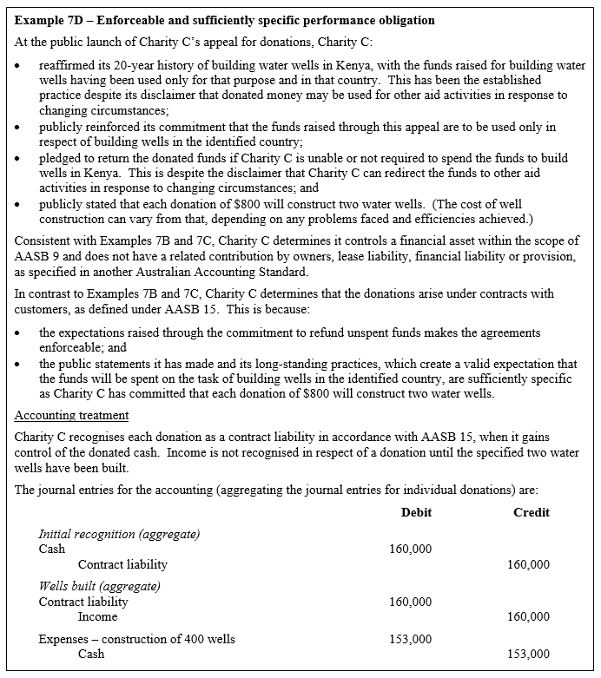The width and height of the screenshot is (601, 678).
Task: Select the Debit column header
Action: (x=416, y=513)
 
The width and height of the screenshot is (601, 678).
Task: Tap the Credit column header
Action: (x=531, y=513)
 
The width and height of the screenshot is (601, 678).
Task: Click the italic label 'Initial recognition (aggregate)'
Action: (x=119, y=535)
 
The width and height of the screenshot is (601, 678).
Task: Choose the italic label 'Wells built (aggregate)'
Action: (x=99, y=587)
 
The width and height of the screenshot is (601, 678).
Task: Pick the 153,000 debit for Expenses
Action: (x=410, y=640)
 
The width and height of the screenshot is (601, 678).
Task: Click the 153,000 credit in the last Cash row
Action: (x=527, y=655)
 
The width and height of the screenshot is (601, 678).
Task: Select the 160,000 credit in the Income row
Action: (x=527, y=616)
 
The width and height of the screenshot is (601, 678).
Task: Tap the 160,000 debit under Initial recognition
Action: (x=410, y=550)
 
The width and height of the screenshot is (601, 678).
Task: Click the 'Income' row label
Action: (x=97, y=617)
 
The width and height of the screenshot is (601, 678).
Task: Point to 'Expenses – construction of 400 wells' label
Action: (x=136, y=640)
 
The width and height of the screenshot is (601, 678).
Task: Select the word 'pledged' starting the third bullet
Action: (x=60, y=159)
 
